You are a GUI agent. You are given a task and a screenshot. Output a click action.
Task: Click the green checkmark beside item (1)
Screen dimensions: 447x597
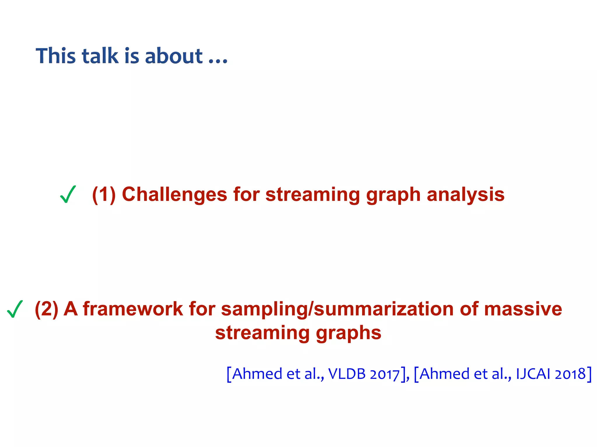pyautogui.click(x=68, y=194)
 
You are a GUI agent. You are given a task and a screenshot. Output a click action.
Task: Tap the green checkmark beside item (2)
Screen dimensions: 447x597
pyautogui.click(x=15, y=309)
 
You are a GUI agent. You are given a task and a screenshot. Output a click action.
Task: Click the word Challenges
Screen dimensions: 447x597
pyautogui.click(x=174, y=194)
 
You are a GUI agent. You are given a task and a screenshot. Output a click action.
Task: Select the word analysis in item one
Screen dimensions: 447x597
pyautogui.click(x=466, y=194)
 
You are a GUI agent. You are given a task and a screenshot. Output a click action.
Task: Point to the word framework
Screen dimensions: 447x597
pyautogui.click(x=133, y=309)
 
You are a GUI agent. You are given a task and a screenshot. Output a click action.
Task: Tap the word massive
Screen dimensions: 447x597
pyautogui.click(x=523, y=309)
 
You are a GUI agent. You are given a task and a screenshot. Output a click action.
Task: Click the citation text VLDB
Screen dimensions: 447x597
pyautogui.click(x=347, y=374)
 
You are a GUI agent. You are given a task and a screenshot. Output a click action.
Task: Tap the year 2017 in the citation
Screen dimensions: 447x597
pyautogui.click(x=384, y=374)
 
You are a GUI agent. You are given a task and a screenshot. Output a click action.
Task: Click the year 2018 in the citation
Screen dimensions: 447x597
pyautogui.click(x=570, y=374)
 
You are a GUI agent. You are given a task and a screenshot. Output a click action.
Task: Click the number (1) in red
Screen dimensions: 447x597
pyautogui.click(x=104, y=194)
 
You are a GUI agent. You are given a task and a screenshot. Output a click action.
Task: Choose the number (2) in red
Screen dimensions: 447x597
pyautogui.click(x=47, y=309)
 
